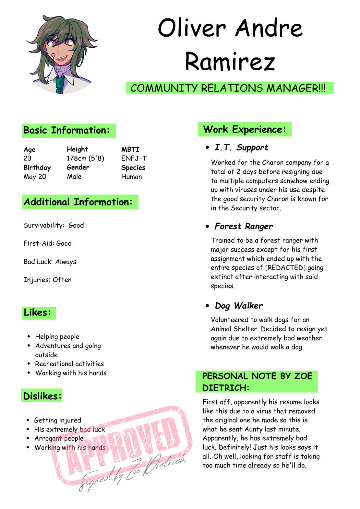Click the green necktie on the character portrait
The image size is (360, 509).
click(x=59, y=85)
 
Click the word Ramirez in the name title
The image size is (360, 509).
click(x=230, y=61)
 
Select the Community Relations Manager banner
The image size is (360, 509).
click(x=230, y=88)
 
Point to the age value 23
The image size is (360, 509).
click(x=28, y=158)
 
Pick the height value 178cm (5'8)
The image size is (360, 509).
click(x=85, y=158)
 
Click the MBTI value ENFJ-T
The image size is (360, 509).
click(x=134, y=158)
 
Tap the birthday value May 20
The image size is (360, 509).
click(x=35, y=177)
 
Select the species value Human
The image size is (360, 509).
click(x=131, y=177)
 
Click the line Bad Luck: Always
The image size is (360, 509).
click(x=50, y=262)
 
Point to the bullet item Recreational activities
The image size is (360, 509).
click(x=69, y=364)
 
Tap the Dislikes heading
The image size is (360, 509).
click(x=42, y=396)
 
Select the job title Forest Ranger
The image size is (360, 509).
click(x=244, y=226)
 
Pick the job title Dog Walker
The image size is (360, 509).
click(x=239, y=306)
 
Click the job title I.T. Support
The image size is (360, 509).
click(x=241, y=148)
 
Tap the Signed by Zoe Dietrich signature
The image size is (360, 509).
click(x=133, y=472)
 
